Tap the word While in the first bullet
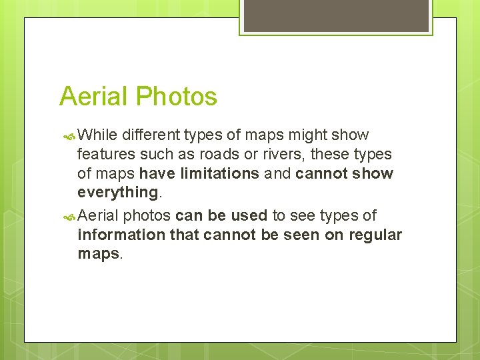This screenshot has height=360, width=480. coord(97,135)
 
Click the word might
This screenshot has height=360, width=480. coord(305,135)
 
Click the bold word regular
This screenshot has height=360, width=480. coord(375,235)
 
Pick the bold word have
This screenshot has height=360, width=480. coord(155,173)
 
